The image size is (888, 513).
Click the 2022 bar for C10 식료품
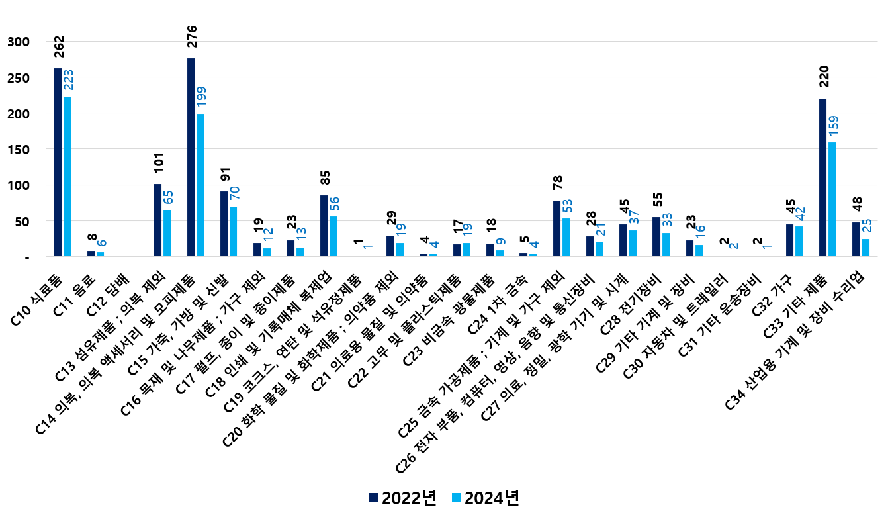coord(58,162)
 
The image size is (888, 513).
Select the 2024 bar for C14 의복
coord(200,185)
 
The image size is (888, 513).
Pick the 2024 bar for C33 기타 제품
coord(832,199)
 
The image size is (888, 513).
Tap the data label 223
coord(68,80)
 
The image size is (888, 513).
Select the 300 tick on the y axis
coord(19,42)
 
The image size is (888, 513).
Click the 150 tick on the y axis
coord(19,150)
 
